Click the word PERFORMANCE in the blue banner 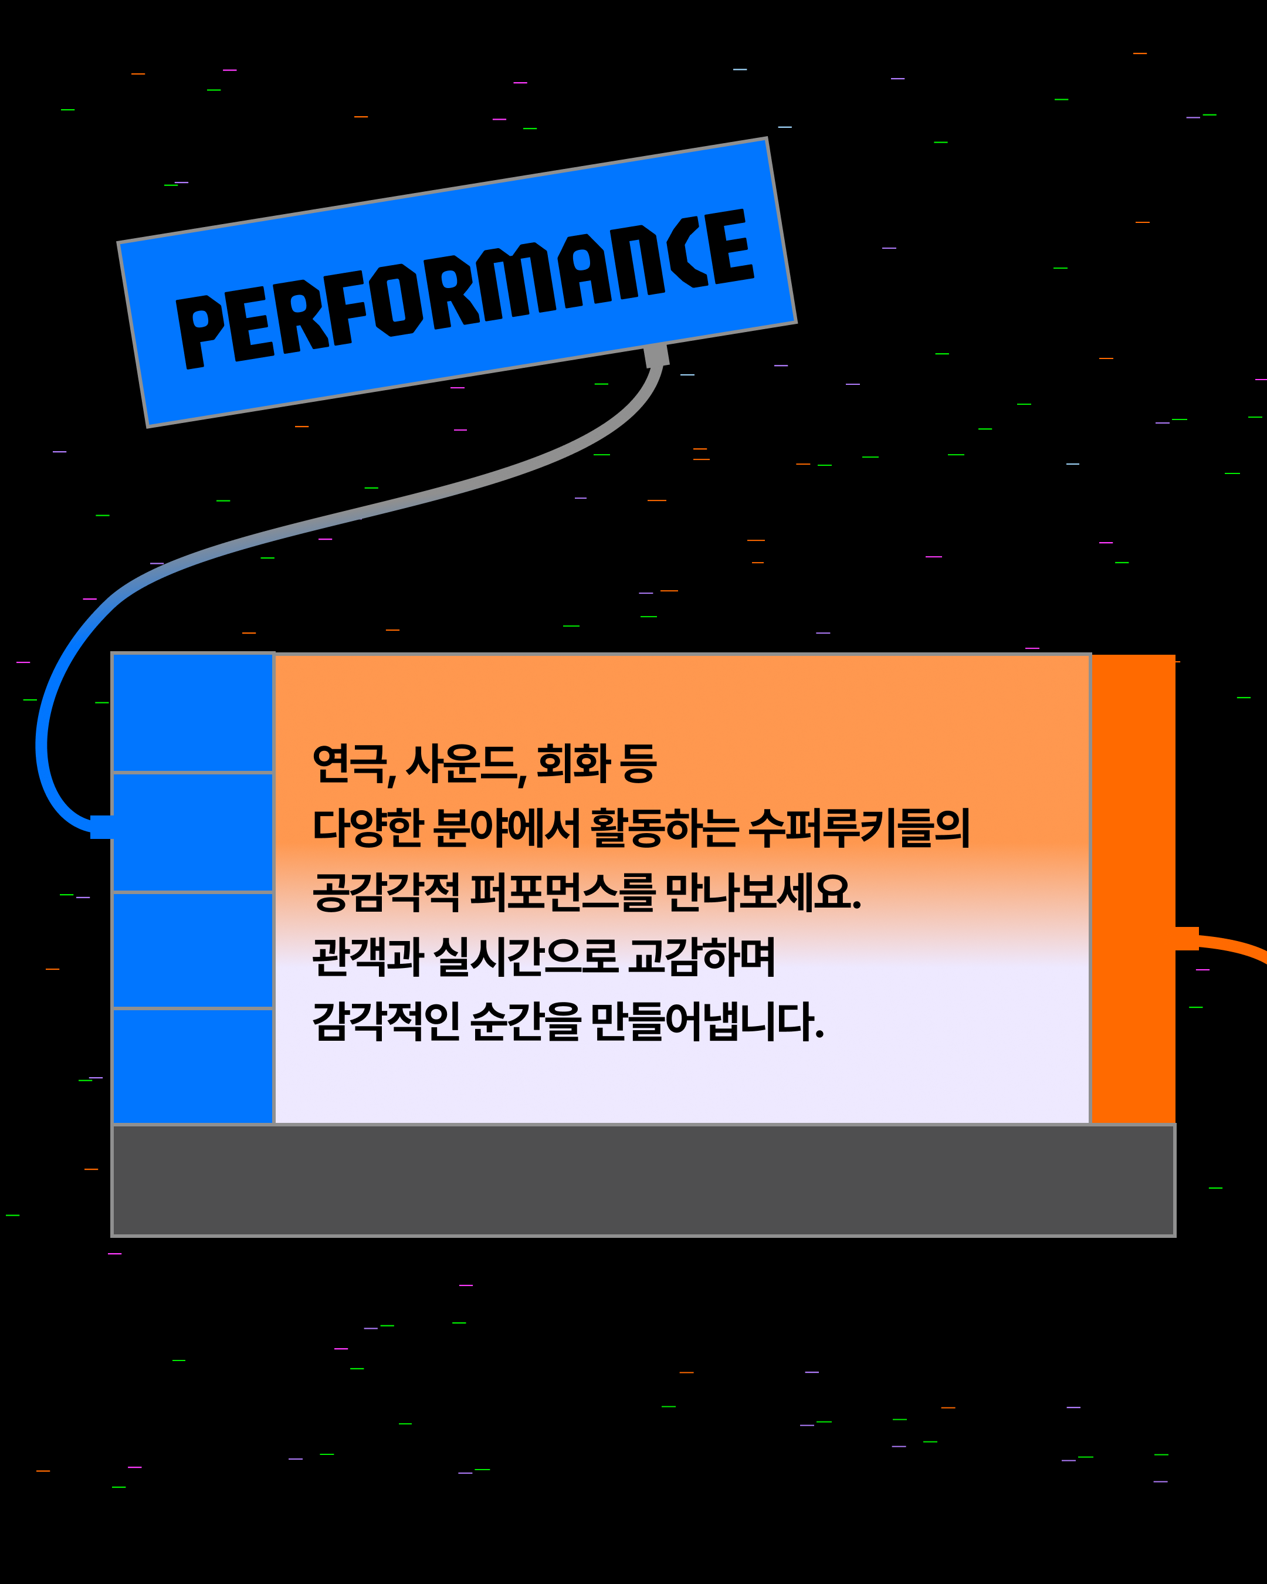tap(464, 288)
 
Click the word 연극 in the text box tap(350, 764)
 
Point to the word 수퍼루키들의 tap(859, 828)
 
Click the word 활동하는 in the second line tap(664, 828)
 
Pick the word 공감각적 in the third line tap(385, 893)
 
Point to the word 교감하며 tap(702, 957)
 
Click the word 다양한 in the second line tap(367, 828)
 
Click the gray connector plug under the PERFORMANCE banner tap(656, 356)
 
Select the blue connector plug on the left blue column tap(102, 827)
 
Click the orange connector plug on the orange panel tap(1186, 939)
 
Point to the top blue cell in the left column tap(193, 713)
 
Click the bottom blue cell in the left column tap(193, 1066)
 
